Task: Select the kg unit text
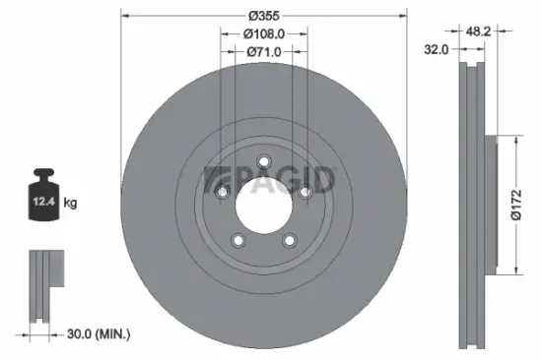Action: (70, 204)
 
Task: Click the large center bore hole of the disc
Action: (262, 204)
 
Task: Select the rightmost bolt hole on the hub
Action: (305, 192)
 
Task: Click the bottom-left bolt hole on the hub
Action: (237, 240)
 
